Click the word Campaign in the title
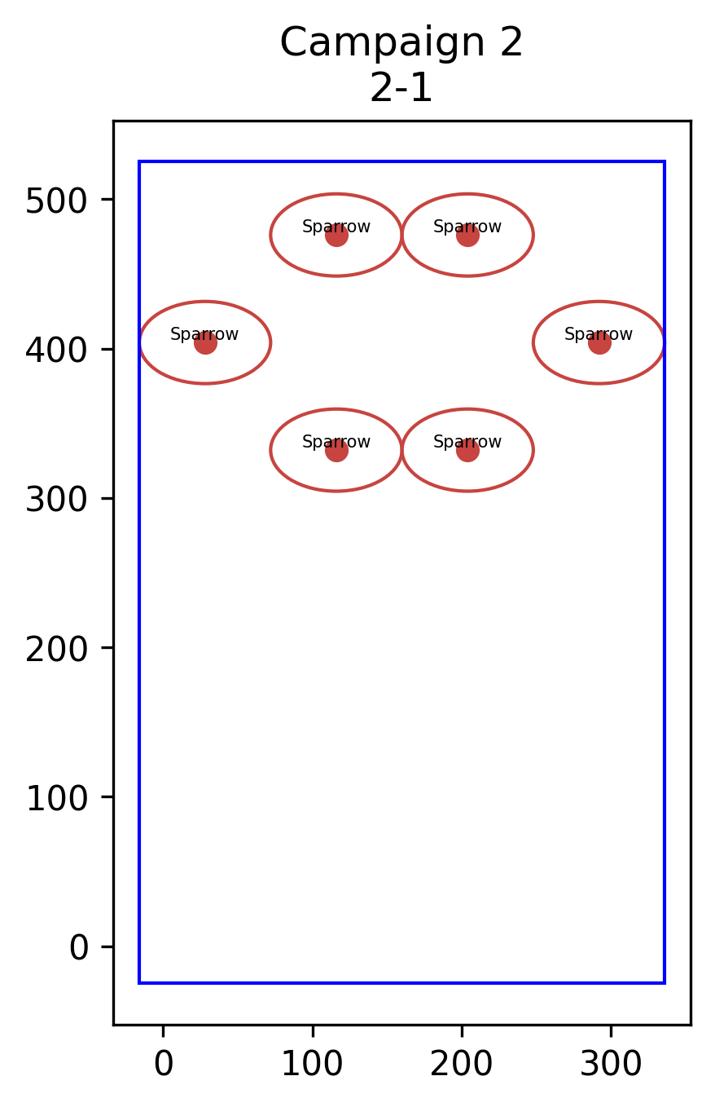383,43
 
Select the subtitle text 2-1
401,88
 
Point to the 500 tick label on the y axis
56,201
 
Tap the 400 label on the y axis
56,351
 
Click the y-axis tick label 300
56,501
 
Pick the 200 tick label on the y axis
56,650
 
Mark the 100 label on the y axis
56,799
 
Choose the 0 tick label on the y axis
78,949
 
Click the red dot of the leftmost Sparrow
205,343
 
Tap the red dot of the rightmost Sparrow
599,343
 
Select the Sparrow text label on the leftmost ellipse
204,334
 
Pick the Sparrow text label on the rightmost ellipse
599,334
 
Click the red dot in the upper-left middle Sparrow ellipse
337,236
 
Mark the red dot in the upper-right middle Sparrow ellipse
467,236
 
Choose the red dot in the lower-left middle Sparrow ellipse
337,450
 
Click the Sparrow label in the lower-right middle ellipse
467,441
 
